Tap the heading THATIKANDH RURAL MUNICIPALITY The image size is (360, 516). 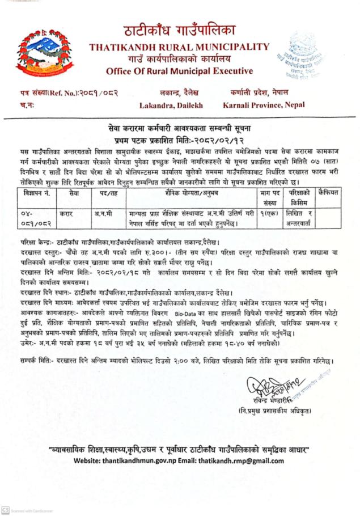[x=179, y=46]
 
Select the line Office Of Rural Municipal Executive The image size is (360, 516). [x=179, y=71]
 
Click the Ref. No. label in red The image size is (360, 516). [x=43, y=92]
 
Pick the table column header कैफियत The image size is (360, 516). [x=329, y=192]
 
